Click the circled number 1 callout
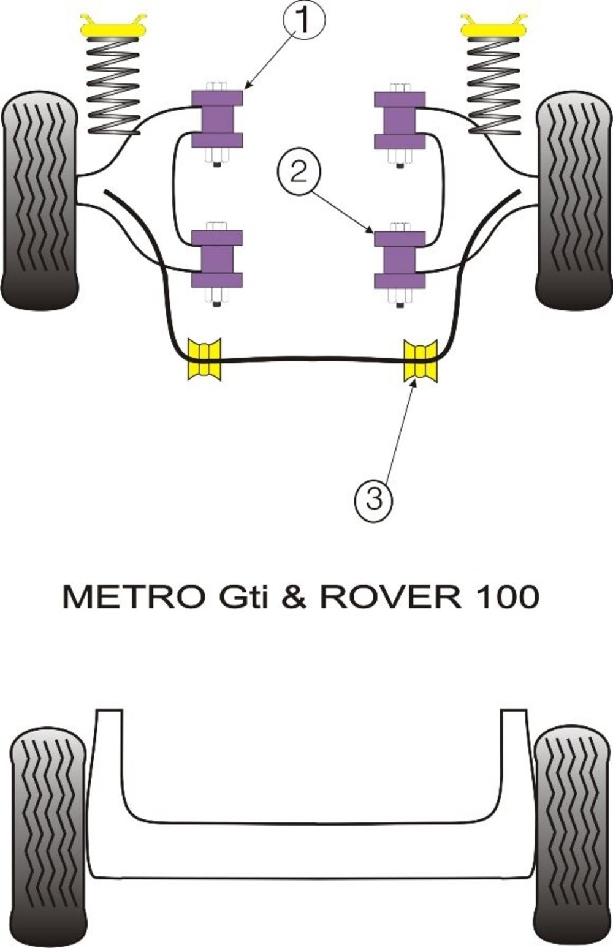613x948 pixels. click(303, 19)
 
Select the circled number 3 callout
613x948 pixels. click(374, 498)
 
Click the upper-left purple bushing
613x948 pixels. click(217, 119)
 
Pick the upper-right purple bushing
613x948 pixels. click(400, 120)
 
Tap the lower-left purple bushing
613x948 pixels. click(217, 259)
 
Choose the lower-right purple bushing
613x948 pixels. click(400, 260)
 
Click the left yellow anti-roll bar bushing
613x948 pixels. click(205, 358)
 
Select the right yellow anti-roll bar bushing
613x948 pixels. click(421, 359)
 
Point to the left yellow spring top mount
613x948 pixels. click(113, 27)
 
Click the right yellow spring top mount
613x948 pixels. click(494, 27)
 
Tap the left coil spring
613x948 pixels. click(113, 87)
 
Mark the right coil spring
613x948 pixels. click(494, 87)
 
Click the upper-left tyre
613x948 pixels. click(40, 200)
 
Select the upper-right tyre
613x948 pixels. click(574, 201)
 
